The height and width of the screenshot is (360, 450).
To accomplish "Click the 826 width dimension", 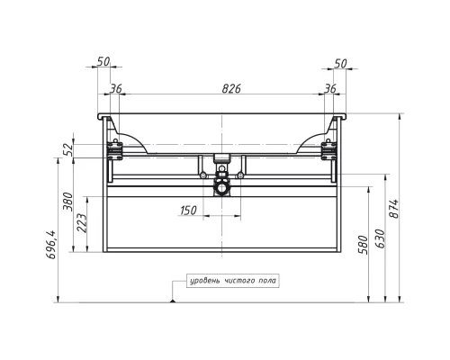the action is point(231,89).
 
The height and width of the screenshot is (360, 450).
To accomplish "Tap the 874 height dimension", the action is point(394,209).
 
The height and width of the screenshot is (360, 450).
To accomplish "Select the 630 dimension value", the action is point(380,238).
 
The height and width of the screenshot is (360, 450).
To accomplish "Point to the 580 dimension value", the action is point(364,245).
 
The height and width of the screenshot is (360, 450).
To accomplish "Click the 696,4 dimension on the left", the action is point(51,245).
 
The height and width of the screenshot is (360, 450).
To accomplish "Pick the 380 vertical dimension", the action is point(68,202).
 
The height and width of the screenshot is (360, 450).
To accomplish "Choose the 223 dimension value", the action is point(82,223).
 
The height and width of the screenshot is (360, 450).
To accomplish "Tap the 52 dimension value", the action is point(68,149).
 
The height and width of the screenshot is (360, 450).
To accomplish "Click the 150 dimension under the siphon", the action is point(188,211).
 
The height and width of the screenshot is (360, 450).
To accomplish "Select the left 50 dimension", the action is point(103,61).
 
